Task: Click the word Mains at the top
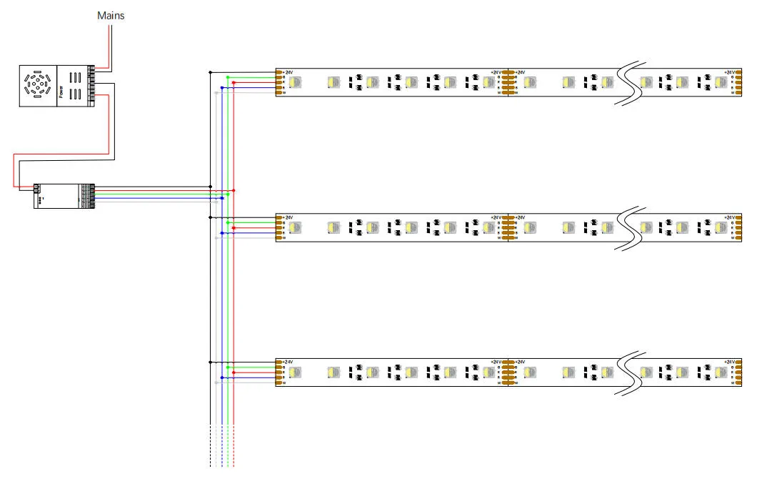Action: [x=111, y=14]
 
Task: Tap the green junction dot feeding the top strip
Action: [x=228, y=77]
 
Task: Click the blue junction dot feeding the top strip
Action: [x=222, y=88]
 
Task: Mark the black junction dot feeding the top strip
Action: [x=211, y=72]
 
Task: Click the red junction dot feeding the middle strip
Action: [x=234, y=227]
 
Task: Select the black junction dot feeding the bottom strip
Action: [x=211, y=362]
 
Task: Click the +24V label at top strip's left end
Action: [x=289, y=72]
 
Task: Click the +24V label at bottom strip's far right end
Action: [x=729, y=362]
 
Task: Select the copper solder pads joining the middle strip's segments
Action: [x=507, y=227]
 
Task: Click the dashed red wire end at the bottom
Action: [x=234, y=458]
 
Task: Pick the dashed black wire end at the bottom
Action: [x=211, y=458]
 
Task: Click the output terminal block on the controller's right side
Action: [x=89, y=194]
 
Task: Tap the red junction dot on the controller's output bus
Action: [x=234, y=190]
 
